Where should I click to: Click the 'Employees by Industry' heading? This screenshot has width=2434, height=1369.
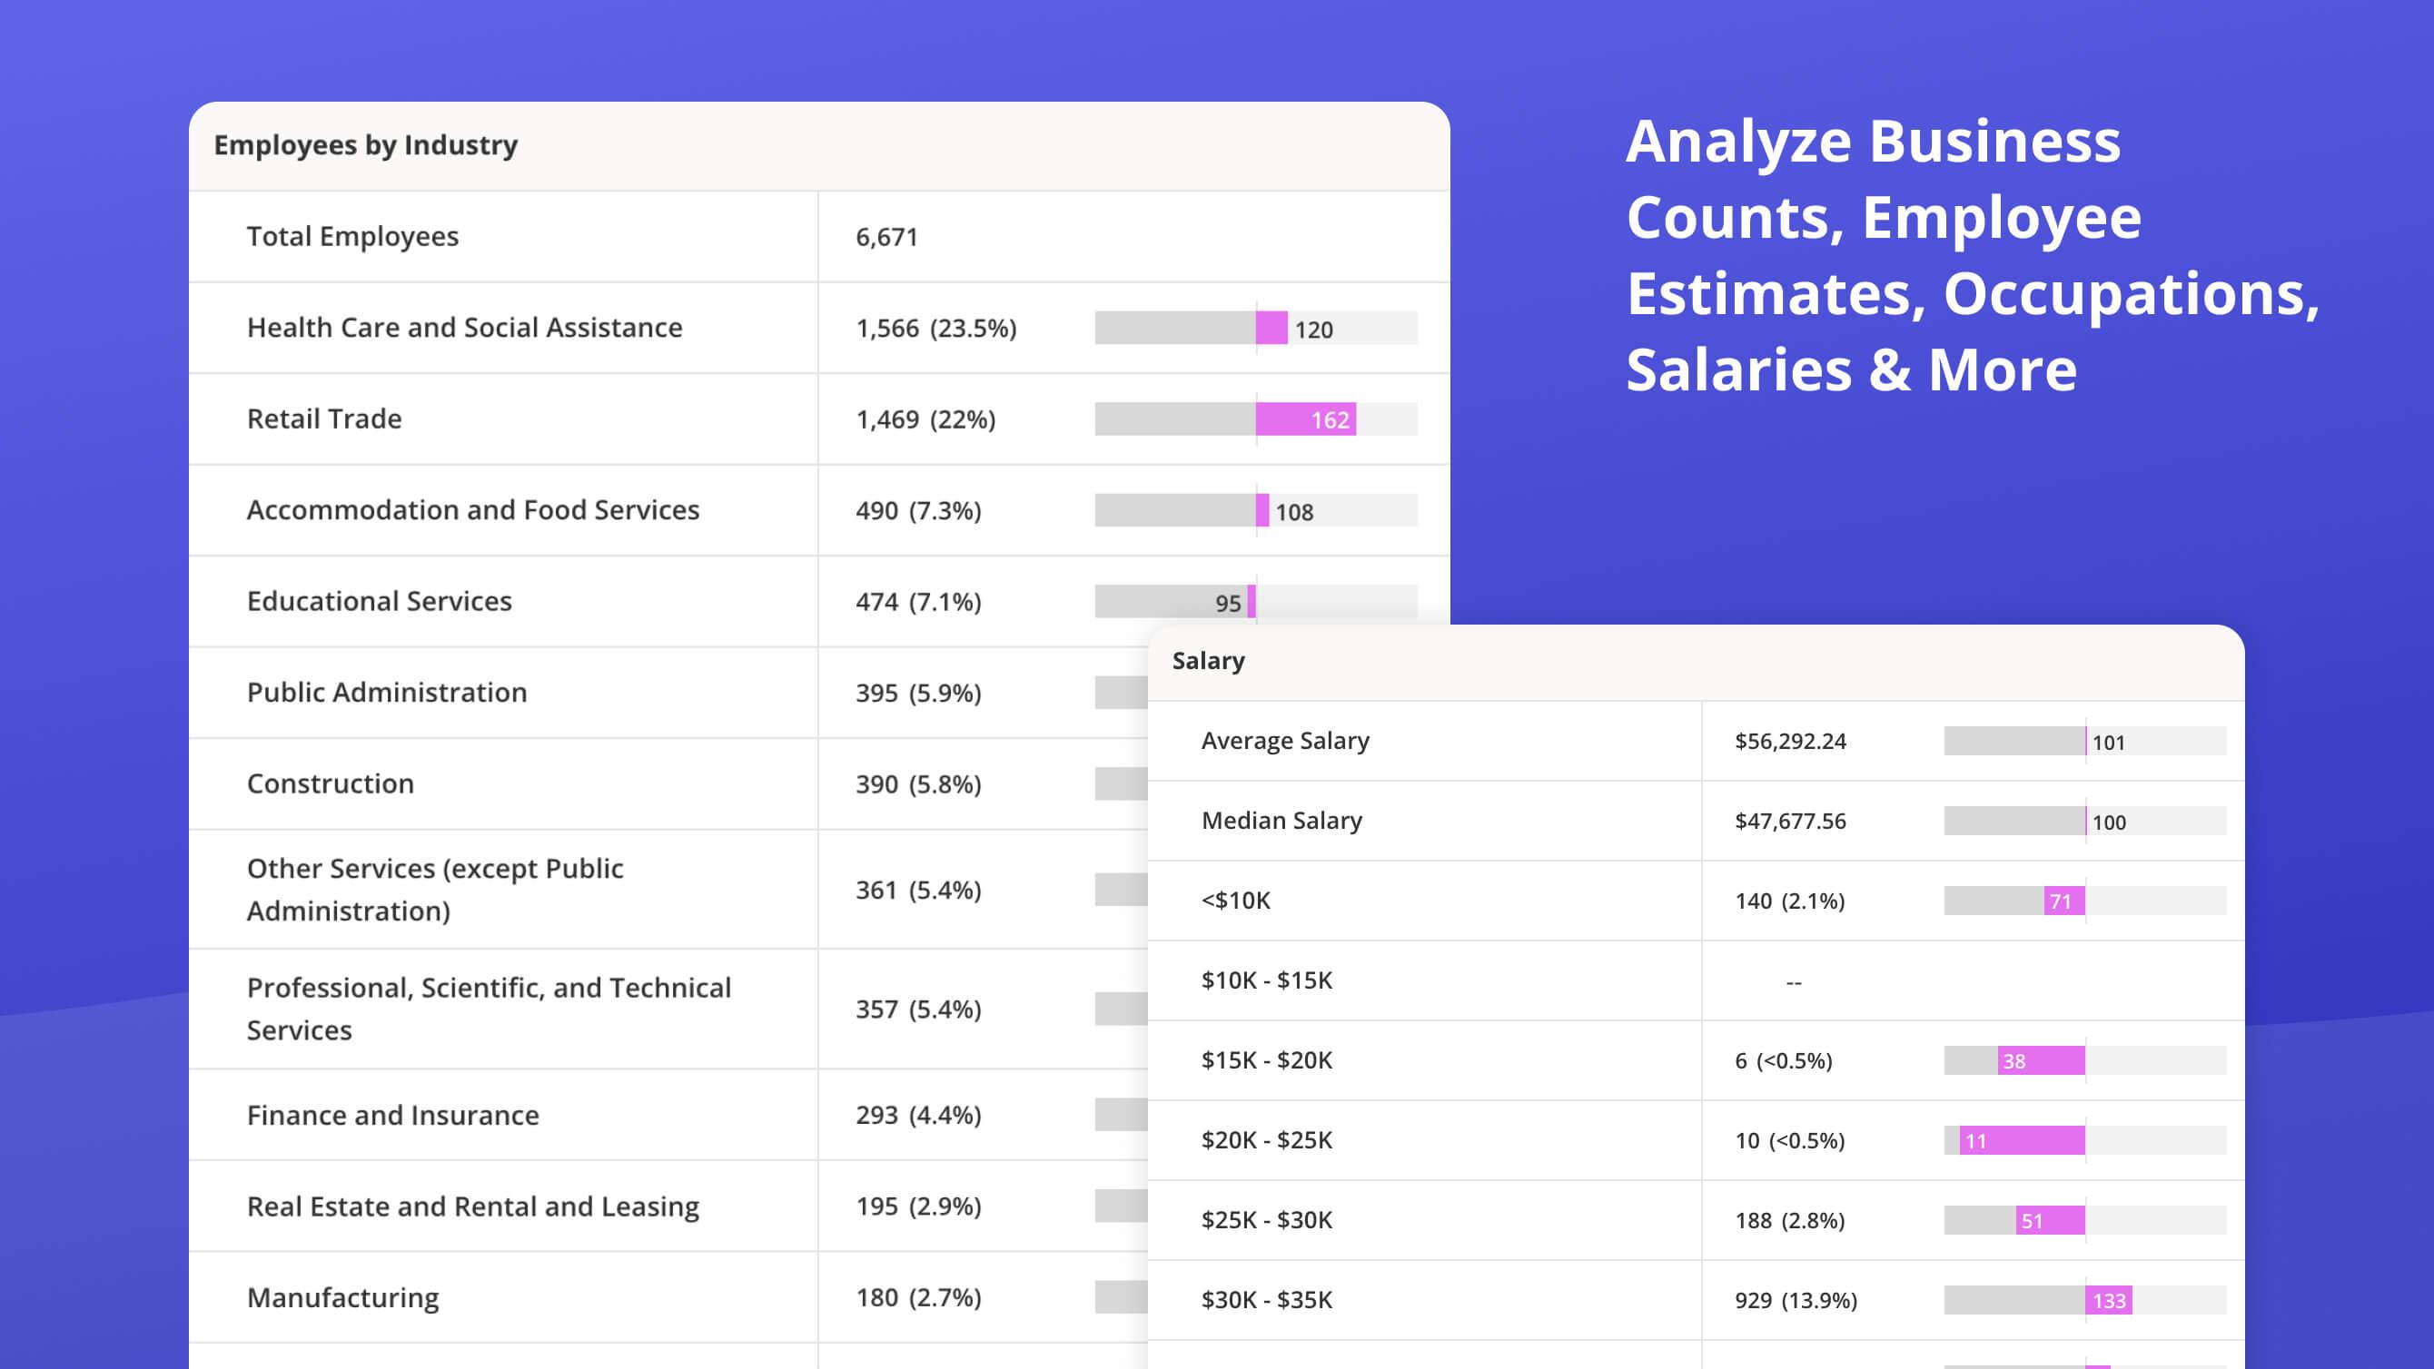366,144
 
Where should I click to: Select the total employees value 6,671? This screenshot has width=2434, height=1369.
886,237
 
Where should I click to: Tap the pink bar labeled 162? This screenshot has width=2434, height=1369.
1306,419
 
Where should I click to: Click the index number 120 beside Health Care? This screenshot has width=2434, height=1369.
1313,330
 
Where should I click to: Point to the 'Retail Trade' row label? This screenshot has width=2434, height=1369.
324,419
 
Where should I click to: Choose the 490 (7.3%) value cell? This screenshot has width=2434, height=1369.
918,510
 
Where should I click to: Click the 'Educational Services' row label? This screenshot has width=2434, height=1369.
379,601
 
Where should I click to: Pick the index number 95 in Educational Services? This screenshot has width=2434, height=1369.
1227,603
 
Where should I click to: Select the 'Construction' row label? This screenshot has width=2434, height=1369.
330,783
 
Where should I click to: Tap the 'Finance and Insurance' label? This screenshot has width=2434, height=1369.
393,1115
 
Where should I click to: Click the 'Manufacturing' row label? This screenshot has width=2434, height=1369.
343,1297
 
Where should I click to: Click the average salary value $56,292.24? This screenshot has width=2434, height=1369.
1789,741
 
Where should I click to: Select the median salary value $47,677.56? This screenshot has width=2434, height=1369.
1789,821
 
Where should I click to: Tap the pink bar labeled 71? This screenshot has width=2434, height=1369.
2063,901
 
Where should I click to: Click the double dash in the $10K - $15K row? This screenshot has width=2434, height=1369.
1794,982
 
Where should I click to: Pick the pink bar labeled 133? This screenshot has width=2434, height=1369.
2108,1300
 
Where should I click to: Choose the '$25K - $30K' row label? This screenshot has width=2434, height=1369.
1266,1220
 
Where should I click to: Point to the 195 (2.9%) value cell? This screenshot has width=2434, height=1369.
918,1206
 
